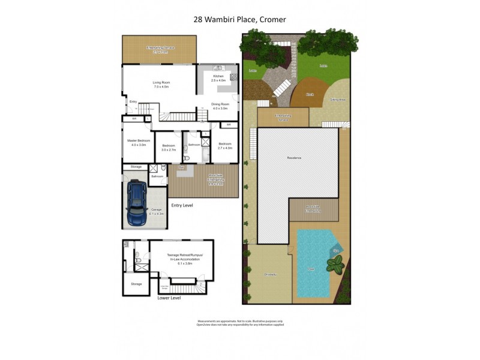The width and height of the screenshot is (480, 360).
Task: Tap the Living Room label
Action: pyautogui.click(x=160, y=85)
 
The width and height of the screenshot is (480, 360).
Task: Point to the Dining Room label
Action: pyautogui.click(x=220, y=106)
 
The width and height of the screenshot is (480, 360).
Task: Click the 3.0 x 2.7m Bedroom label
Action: pyautogui.click(x=168, y=146)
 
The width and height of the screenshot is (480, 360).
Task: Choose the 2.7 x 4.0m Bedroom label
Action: pyautogui.click(x=225, y=145)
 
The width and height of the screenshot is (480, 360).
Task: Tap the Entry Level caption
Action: pyautogui.click(x=182, y=205)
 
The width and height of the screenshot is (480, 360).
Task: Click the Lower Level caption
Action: pyautogui.click(x=169, y=297)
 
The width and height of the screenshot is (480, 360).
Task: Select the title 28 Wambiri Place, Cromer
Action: pyautogui.click(x=239, y=20)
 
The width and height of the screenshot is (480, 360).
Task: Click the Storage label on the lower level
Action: pyautogui.click(x=136, y=284)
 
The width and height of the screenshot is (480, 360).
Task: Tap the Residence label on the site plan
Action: pyautogui.click(x=293, y=157)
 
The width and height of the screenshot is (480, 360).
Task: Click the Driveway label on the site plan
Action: pyautogui.click(x=270, y=274)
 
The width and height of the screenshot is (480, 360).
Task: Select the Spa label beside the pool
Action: pyautogui.click(x=336, y=250)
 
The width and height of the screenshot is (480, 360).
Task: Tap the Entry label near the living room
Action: pyautogui.click(x=133, y=102)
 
